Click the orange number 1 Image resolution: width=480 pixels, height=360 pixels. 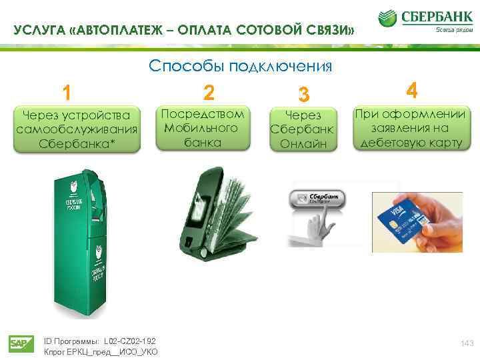pos(65,91)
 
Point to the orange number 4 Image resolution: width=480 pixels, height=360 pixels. pos(412,89)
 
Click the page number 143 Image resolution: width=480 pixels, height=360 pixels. pos(467,343)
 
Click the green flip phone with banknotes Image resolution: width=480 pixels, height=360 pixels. pos(213,213)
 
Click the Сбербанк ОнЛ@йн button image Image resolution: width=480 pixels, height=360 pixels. pos(318,198)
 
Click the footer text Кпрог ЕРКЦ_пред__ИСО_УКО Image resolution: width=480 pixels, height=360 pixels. pos(100,351)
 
